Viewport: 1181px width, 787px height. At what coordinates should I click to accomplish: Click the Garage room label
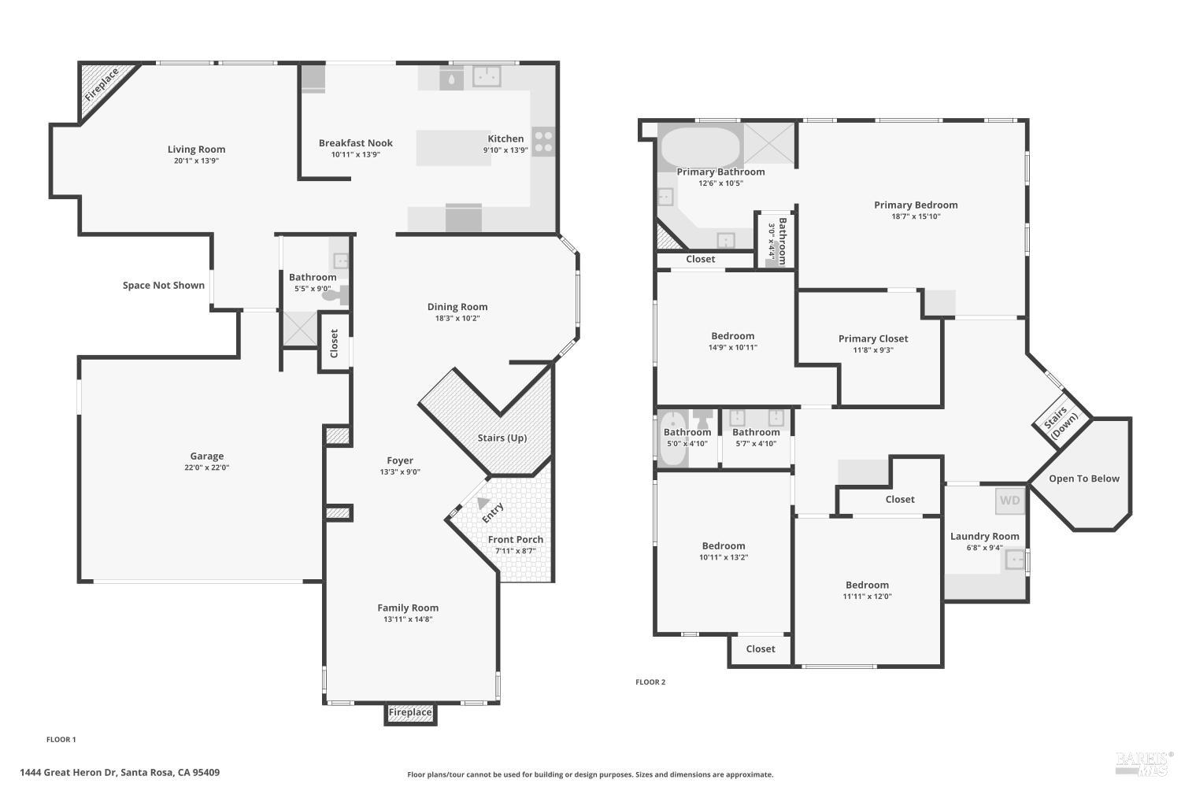(x=206, y=456)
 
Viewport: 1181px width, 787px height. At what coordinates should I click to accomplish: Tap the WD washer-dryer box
(x=1009, y=501)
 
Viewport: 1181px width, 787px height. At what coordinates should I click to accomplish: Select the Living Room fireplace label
(x=102, y=84)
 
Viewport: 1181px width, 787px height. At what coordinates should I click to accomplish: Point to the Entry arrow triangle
(x=483, y=503)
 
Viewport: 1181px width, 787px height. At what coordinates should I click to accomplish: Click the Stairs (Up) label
(x=502, y=438)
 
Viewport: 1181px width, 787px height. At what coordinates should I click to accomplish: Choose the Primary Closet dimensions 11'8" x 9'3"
(x=873, y=350)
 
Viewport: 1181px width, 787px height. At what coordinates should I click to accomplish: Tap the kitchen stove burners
(x=543, y=142)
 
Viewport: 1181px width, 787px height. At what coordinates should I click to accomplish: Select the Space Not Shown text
(x=164, y=285)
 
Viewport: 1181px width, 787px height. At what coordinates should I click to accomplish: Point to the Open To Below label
(x=1084, y=478)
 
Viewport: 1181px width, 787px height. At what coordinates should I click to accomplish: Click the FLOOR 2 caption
(x=650, y=682)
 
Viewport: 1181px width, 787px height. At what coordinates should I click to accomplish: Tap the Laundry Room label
(x=984, y=536)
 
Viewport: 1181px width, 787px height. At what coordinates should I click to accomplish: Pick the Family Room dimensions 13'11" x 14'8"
(x=408, y=619)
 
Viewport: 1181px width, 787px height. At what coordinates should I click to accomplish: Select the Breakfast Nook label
(x=356, y=143)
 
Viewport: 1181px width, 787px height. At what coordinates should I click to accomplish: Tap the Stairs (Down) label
(x=1061, y=423)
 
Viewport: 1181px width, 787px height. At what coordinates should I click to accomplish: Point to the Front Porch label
(x=515, y=539)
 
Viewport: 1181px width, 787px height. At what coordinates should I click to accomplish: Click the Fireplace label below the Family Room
(x=410, y=712)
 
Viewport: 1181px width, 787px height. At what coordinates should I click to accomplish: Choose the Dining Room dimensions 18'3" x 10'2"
(x=457, y=319)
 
